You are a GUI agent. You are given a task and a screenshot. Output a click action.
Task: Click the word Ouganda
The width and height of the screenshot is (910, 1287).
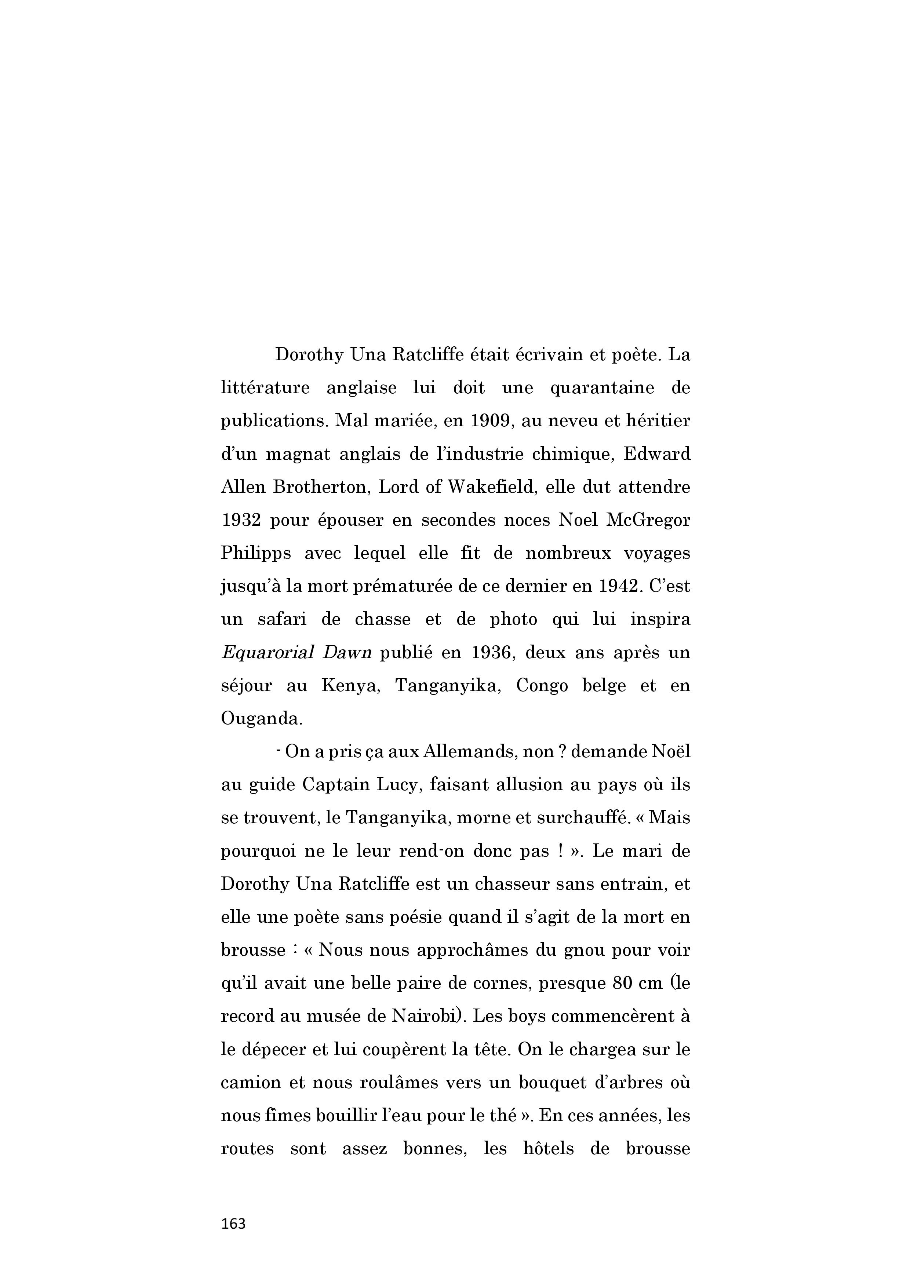(x=261, y=719)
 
